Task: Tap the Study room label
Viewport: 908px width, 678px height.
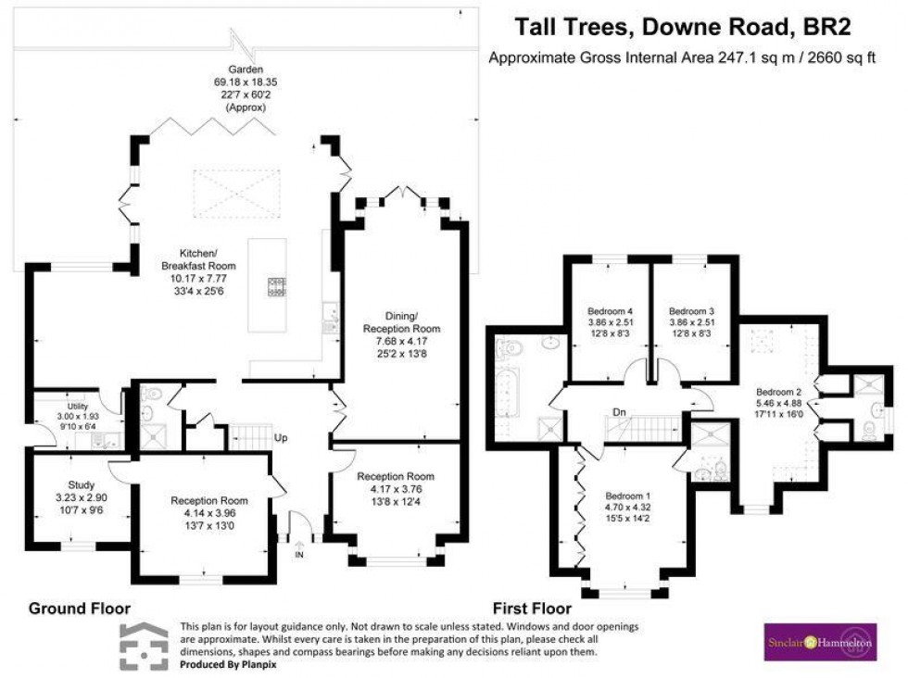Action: [81, 484]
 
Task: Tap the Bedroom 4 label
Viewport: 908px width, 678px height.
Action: [611, 310]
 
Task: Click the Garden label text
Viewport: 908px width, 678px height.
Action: [246, 69]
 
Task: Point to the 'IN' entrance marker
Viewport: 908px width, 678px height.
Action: [298, 555]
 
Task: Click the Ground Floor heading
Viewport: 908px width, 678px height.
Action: [79, 609]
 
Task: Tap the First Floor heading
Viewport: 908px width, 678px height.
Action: [533, 609]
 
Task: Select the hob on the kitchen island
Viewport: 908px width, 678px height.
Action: [275, 288]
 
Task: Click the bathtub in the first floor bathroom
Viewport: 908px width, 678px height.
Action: [508, 393]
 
